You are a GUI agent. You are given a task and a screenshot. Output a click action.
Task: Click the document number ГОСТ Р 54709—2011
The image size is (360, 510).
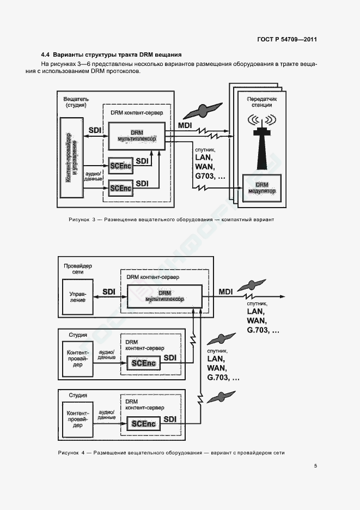pyautogui.click(x=287, y=39)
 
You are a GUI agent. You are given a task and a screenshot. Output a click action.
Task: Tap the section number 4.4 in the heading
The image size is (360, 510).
pyautogui.click(x=46, y=54)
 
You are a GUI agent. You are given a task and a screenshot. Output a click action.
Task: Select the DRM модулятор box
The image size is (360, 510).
pyautogui.click(x=262, y=188)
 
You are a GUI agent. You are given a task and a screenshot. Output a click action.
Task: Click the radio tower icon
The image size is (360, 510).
pyautogui.click(x=262, y=142)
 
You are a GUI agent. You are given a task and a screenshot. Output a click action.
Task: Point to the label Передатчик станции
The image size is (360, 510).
pyautogui.click(x=262, y=102)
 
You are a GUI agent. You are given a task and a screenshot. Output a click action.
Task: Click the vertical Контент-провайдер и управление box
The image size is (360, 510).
pyautogui.click(x=71, y=157)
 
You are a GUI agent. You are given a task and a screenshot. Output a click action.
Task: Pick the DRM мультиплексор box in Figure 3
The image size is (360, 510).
pyautogui.click(x=137, y=136)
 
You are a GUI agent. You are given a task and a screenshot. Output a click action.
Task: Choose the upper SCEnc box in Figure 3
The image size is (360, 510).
pyautogui.click(x=121, y=166)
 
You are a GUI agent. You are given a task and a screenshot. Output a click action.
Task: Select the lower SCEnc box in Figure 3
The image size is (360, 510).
pyautogui.click(x=121, y=188)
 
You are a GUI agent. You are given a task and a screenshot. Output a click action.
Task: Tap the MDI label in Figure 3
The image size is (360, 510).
pyautogui.click(x=185, y=125)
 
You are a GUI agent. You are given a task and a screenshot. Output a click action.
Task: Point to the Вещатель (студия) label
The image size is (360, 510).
pyautogui.click(x=76, y=102)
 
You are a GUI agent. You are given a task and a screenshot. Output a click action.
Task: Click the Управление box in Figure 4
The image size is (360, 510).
pyautogui.click(x=78, y=297)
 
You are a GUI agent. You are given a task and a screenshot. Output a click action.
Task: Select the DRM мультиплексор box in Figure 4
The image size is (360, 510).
pyautogui.click(x=164, y=296)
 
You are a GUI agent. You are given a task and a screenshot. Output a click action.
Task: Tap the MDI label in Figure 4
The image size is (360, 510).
pyautogui.click(x=225, y=292)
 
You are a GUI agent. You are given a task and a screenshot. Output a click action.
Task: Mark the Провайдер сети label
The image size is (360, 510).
pyautogui.click(x=78, y=269)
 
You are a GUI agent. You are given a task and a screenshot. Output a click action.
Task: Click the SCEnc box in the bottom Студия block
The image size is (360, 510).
pyautogui.click(x=143, y=424)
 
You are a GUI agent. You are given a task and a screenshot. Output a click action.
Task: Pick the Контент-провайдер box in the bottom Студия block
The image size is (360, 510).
pyautogui.click(x=78, y=419)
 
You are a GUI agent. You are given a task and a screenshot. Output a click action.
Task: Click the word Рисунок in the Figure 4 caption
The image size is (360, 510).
pyautogui.click(x=68, y=453)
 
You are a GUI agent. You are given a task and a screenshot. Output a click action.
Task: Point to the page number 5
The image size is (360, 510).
pyautogui.click(x=315, y=466)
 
